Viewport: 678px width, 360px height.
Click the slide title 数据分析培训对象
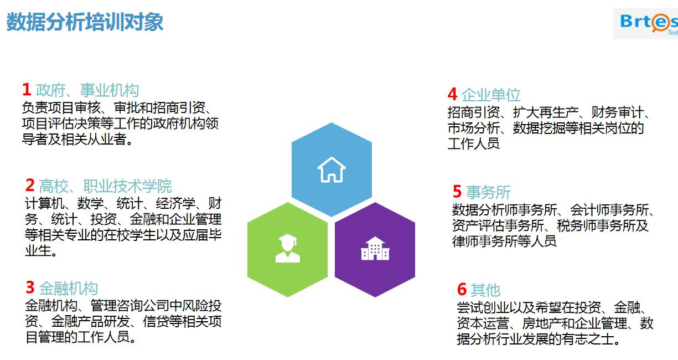click(85, 22)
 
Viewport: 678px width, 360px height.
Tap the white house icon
click(332, 169)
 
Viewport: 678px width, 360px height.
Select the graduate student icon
click(288, 248)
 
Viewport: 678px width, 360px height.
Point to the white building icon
click(375, 249)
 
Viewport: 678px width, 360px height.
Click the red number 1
click(27, 90)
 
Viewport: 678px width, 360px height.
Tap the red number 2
click(30, 185)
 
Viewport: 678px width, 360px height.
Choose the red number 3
click(30, 287)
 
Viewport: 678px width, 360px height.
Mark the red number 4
click(452, 94)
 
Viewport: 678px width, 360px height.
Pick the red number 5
click(457, 192)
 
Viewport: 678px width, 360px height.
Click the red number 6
click(462, 289)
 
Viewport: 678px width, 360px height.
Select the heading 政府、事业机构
click(87, 90)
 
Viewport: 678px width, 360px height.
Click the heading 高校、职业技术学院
click(105, 186)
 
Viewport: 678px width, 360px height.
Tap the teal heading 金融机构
click(69, 288)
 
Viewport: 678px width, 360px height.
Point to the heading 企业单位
click(491, 95)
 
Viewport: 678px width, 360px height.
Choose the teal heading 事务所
click(488, 192)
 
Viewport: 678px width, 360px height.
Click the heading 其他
click(485, 290)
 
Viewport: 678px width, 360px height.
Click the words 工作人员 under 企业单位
click(473, 143)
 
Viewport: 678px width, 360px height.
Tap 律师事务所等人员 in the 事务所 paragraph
click(504, 241)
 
